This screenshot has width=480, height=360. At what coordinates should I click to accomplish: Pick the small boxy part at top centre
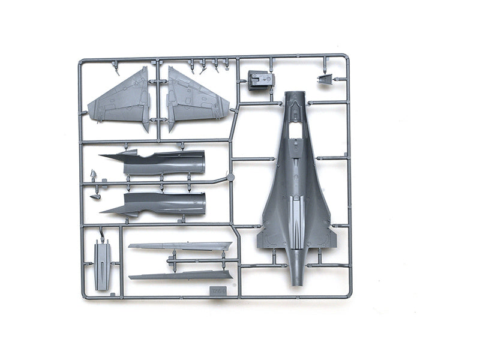point(260,80)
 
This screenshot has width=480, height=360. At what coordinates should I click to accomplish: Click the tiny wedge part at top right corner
point(325,79)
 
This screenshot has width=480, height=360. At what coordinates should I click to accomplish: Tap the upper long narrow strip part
point(180,246)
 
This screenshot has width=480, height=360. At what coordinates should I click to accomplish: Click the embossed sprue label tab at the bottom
point(217,290)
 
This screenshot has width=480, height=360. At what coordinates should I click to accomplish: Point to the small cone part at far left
point(94,175)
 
